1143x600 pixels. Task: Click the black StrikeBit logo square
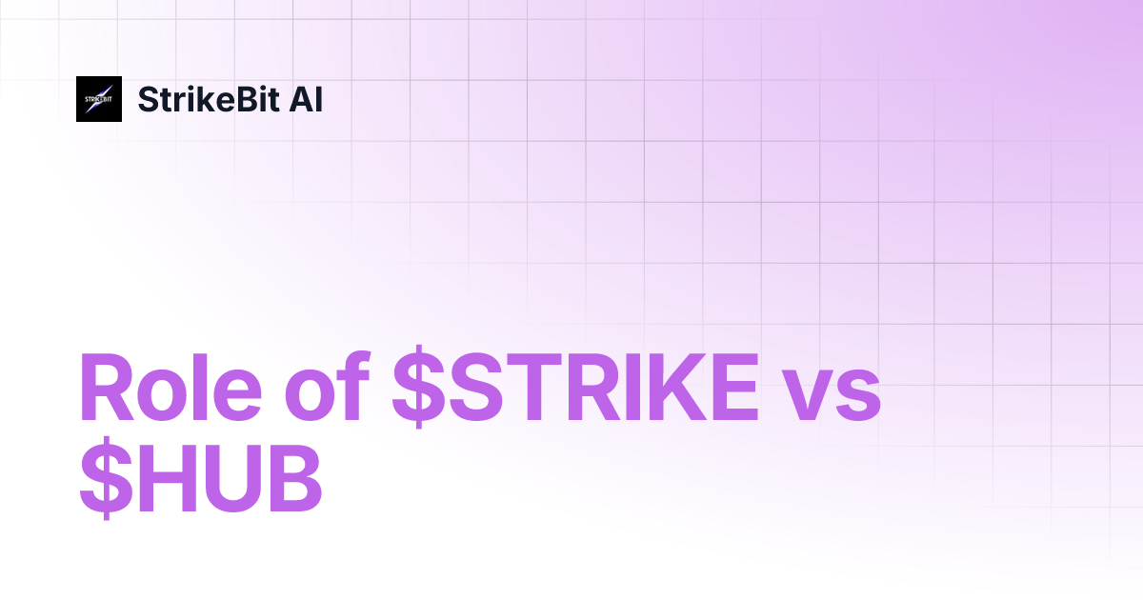99,99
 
